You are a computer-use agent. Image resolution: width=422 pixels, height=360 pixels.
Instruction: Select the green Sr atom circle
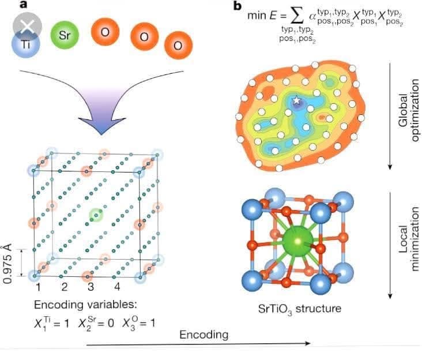[65, 34]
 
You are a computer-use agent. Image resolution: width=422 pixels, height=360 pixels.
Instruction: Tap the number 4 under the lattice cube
[117, 286]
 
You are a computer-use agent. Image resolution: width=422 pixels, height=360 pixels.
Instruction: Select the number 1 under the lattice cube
[36, 286]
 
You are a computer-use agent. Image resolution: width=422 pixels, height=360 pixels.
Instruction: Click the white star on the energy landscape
[297, 101]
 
